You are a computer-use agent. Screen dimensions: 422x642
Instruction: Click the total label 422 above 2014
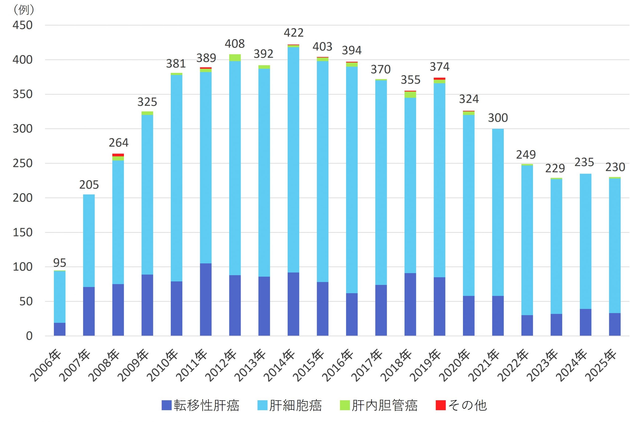point(293,33)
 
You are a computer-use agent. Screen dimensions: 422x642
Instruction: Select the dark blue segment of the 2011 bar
point(206,299)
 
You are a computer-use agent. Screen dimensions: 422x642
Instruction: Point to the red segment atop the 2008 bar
point(118,155)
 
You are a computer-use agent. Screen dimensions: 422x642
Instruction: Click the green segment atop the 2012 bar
point(235,58)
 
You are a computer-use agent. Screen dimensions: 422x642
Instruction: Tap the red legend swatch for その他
point(441,405)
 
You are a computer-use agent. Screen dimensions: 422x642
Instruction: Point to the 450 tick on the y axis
point(23,25)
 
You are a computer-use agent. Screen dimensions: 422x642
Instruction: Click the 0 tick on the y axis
point(29,336)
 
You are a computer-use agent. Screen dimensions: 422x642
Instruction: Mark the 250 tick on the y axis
point(23,163)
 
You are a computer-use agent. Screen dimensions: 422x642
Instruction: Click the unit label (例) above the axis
point(24,10)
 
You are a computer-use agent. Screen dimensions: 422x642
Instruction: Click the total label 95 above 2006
point(59,263)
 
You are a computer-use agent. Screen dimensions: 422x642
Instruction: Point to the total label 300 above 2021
point(498,118)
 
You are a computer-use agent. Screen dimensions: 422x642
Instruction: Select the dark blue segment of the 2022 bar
point(527,325)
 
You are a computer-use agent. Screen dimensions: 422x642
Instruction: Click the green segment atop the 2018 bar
point(410,94)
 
